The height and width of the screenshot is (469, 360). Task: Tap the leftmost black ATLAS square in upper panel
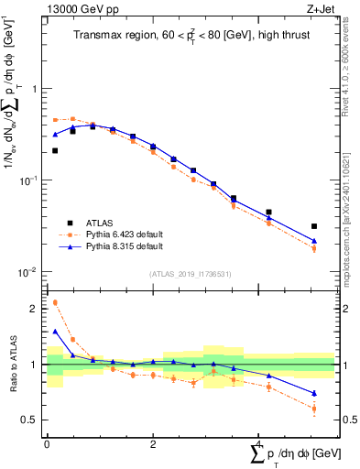(55, 150)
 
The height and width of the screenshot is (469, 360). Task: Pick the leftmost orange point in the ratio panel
(55, 302)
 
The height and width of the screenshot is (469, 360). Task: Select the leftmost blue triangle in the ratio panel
(55, 332)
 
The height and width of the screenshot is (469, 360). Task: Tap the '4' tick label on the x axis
(258, 444)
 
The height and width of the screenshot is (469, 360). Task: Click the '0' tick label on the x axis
(47, 444)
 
